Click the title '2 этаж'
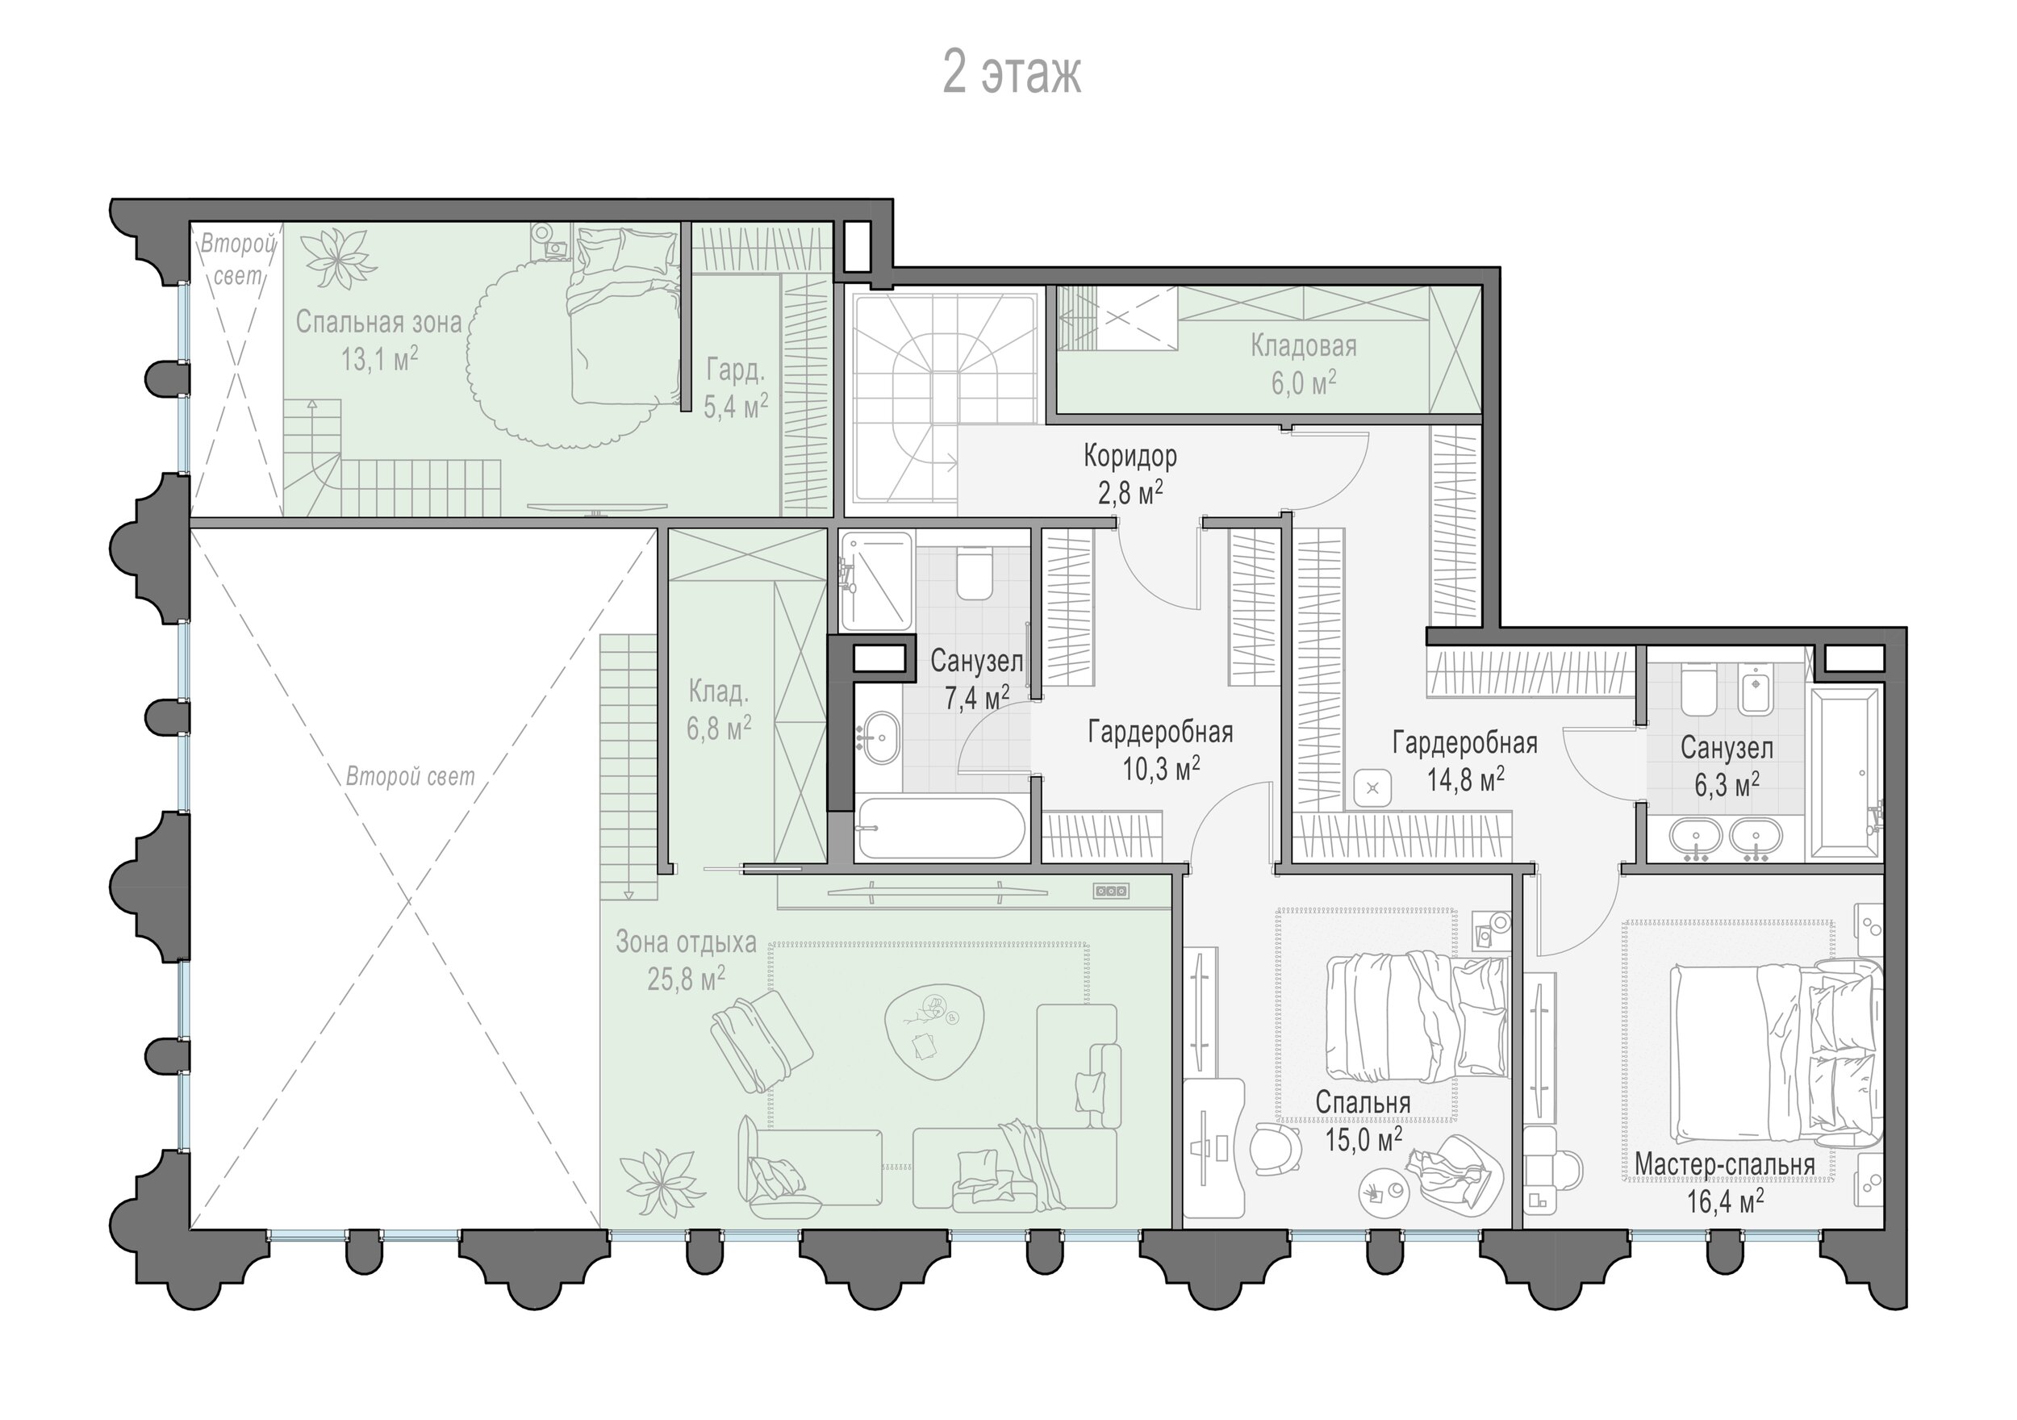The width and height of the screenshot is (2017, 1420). (1011, 73)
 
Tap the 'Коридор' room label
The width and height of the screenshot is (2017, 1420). (1130, 456)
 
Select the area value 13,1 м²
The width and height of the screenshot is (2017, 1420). (378, 358)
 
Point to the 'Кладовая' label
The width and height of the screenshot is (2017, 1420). (1304, 346)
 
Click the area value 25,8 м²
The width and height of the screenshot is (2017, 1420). (686, 978)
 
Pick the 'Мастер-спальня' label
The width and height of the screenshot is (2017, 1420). (1724, 1163)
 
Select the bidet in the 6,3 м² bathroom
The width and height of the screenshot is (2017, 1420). (1756, 689)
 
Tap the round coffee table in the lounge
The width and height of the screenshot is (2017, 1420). (932, 1032)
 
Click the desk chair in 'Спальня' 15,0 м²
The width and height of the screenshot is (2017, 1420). (1276, 1151)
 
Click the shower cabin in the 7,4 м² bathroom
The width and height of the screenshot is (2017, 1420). (876, 581)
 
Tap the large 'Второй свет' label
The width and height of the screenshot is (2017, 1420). (410, 777)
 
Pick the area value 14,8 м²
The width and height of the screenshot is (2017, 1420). (1465, 779)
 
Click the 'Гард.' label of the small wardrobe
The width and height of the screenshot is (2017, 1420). (735, 370)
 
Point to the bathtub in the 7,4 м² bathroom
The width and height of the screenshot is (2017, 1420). (942, 827)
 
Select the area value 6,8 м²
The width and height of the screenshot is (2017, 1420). (720, 728)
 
